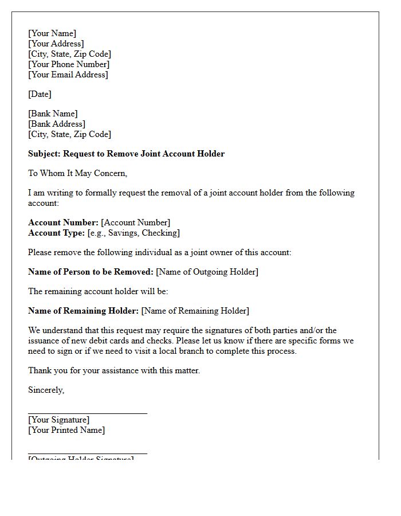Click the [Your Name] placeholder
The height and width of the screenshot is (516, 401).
[52, 33]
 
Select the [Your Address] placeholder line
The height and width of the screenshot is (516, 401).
[56, 44]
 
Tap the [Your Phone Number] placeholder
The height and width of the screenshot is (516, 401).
[69, 64]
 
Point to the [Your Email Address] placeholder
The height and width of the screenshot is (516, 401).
[68, 75]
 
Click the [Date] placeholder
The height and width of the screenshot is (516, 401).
[40, 94]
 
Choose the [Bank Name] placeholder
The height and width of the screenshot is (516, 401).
[53, 114]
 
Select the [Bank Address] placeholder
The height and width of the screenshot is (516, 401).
[57, 124]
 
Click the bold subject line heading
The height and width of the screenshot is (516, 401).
[126, 154]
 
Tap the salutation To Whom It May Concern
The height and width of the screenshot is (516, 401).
[78, 173]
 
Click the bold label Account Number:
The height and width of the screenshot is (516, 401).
[63, 222]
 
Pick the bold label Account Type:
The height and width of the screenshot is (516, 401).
[57, 233]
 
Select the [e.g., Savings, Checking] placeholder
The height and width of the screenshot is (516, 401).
[133, 233]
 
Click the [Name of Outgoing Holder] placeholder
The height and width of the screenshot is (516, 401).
[207, 272]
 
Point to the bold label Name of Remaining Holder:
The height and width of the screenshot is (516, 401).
[83, 311]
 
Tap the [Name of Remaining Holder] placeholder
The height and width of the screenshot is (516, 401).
[195, 311]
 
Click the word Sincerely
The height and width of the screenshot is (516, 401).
[46, 390]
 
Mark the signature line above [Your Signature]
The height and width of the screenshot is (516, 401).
[88, 413]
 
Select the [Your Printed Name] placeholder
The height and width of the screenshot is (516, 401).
[66, 430]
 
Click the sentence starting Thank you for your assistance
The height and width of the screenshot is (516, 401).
[114, 370]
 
